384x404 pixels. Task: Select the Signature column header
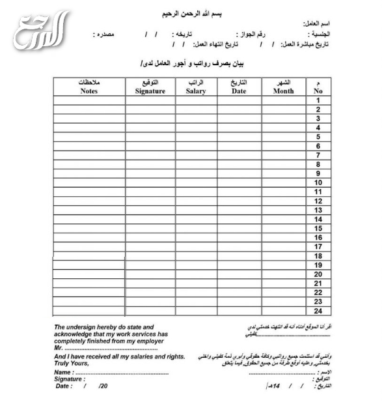tap(150, 87)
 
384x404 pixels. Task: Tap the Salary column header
tap(195, 87)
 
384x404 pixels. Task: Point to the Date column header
tap(238, 87)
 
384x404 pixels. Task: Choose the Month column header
tap(283, 87)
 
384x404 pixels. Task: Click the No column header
tap(318, 87)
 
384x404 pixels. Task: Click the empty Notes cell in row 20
tap(89, 274)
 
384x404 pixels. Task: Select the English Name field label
tap(63, 372)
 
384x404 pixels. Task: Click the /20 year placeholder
tap(103, 386)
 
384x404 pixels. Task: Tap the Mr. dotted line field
tap(111, 349)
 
